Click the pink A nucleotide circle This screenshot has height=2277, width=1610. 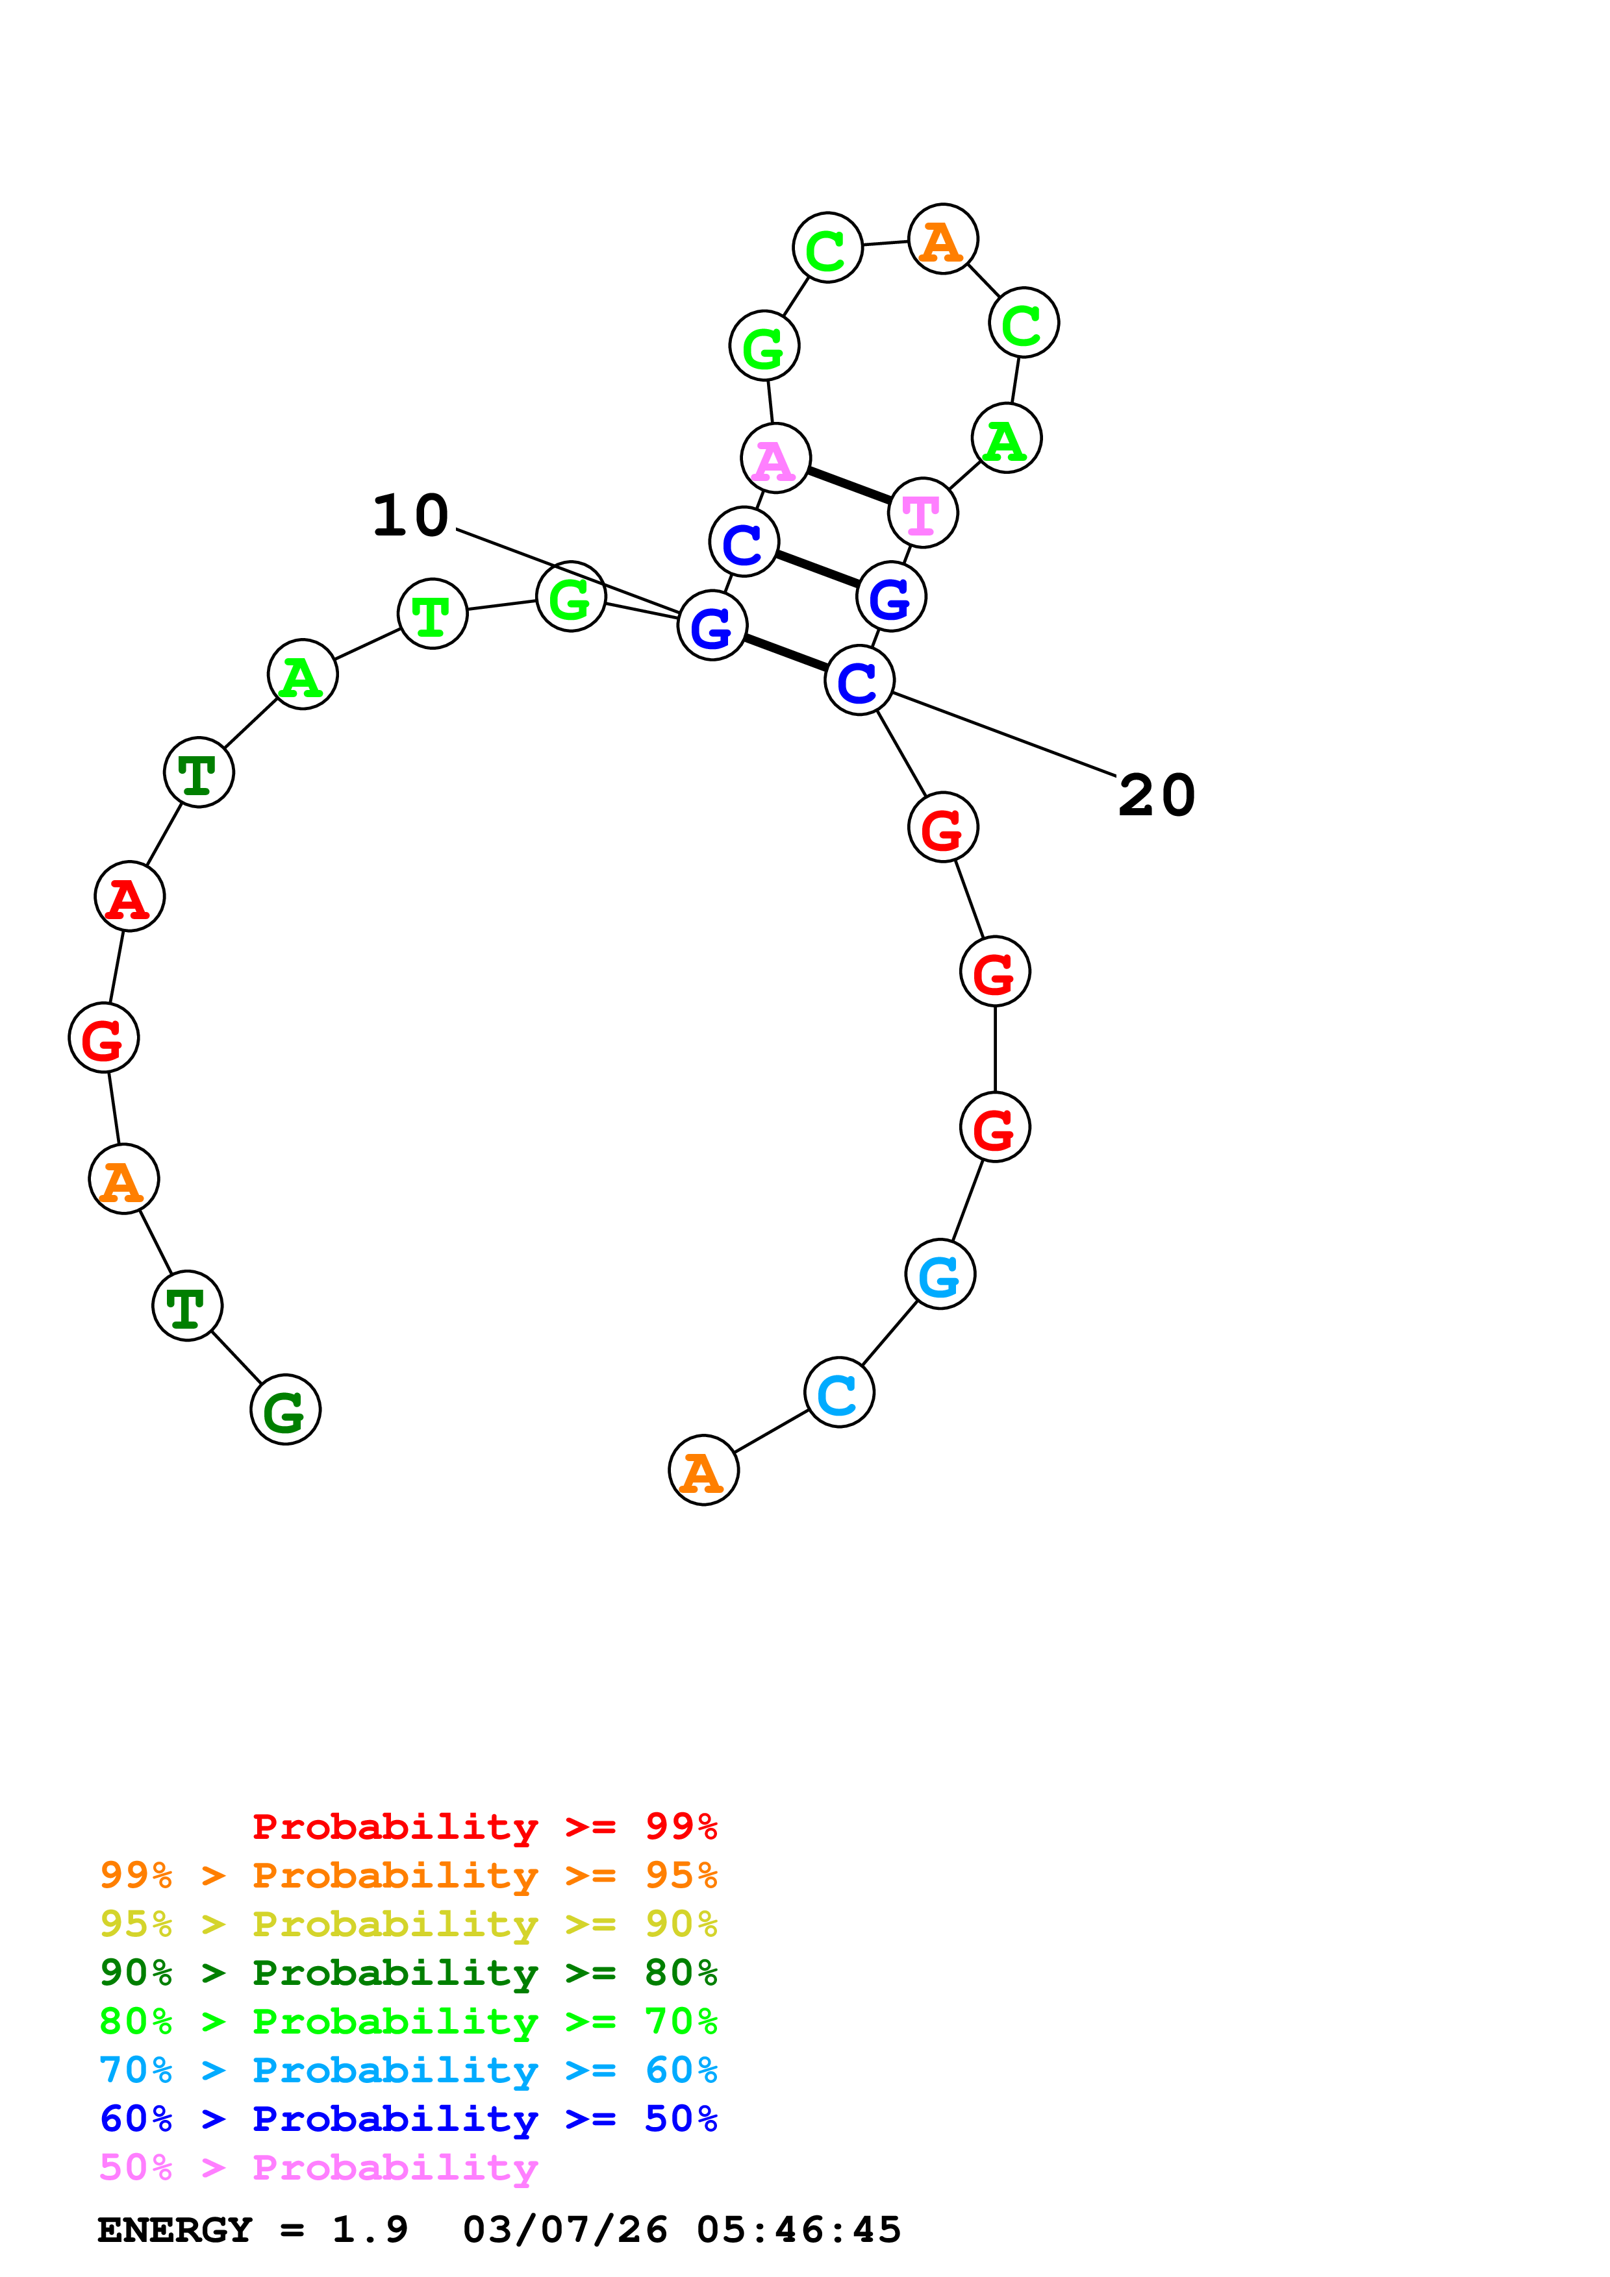click(775, 458)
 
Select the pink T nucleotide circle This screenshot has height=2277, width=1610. click(922, 513)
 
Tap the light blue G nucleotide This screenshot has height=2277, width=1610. click(939, 1274)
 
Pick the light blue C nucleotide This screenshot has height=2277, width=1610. click(839, 1392)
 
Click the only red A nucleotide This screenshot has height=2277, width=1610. click(129, 896)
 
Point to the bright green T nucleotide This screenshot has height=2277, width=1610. click(431, 614)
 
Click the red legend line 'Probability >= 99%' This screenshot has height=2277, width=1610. click(484, 1827)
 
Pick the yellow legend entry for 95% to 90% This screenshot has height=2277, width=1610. click(409, 1924)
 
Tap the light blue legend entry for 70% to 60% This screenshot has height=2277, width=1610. click(409, 2070)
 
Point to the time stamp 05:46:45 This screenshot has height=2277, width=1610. click(799, 2230)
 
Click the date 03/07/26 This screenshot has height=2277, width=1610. click(564, 2230)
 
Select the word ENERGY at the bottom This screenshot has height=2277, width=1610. click(175, 2230)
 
